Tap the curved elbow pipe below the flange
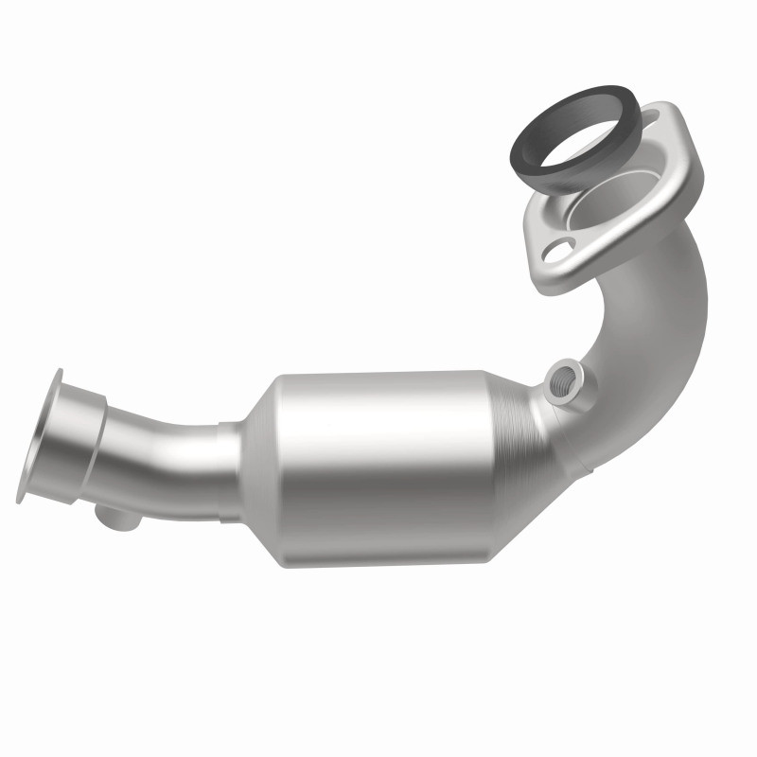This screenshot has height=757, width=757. [x=662, y=312]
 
